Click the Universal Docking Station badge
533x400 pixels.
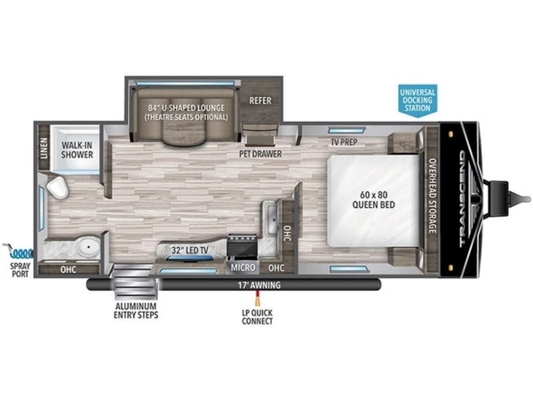click(x=418, y=100)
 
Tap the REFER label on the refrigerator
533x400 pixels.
click(x=260, y=100)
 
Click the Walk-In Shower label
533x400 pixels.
click(x=76, y=150)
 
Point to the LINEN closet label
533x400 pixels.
click(x=44, y=148)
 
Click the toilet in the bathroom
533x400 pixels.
click(x=58, y=187)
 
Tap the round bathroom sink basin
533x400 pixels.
click(x=88, y=246)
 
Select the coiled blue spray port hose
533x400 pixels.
click(x=19, y=252)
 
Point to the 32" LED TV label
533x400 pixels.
click(x=190, y=251)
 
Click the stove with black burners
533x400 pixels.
click(x=243, y=247)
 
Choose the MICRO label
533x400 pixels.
click(x=243, y=268)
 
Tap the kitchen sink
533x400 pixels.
click(x=272, y=220)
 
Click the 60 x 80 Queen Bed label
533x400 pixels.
click(x=374, y=200)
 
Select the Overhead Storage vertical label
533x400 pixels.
click(x=432, y=196)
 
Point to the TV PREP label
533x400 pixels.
click(x=345, y=142)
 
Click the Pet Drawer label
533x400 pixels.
click(x=260, y=154)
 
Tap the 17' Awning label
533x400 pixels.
click(x=259, y=285)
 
